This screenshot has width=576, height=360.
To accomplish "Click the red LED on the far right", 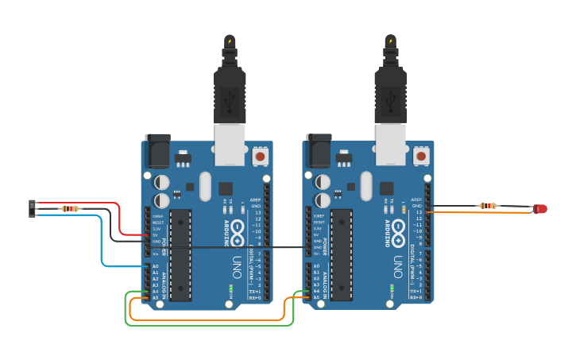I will click(x=541, y=209).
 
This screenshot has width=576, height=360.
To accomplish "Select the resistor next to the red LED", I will click(x=488, y=206).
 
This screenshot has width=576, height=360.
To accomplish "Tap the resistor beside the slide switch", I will click(x=70, y=209).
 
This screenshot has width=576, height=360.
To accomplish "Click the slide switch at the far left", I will click(x=33, y=208).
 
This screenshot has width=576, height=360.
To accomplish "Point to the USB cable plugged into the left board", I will click(x=230, y=87).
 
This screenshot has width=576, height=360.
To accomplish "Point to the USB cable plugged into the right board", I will click(x=390, y=87).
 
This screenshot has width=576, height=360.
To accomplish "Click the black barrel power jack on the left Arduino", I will click(x=157, y=151).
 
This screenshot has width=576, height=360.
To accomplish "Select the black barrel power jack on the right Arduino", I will click(x=319, y=151).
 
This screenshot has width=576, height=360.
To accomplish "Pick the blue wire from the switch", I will click(x=102, y=246).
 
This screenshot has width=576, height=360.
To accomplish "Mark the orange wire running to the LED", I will click(x=477, y=212).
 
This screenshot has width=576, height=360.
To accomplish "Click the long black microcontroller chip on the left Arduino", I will click(x=180, y=254).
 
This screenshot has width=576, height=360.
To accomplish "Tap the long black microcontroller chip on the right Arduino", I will click(x=342, y=254).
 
